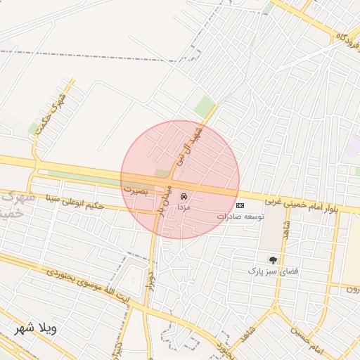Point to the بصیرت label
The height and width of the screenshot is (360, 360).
pyautogui.click(x=136, y=189)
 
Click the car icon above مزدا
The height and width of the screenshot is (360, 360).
pyautogui.click(x=184, y=196)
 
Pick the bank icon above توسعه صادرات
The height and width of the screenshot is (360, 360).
pyautogui.click(x=240, y=205)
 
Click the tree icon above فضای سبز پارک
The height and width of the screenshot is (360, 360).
pyautogui.click(x=272, y=260)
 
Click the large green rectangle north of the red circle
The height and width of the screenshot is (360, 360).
pyautogui.click(x=205, y=107)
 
